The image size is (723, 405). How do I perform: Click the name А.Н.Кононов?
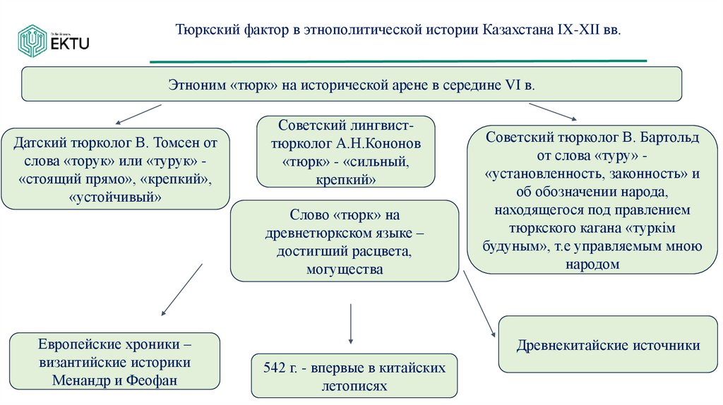tap(384, 144)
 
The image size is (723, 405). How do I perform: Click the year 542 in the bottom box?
tap(276, 369)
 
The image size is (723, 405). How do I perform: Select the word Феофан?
tap(153, 380)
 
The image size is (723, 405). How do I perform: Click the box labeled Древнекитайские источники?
tap(608, 345)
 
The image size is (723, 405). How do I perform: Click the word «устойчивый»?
tap(116, 198)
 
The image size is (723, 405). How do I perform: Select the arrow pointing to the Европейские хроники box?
tap(179, 290)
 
